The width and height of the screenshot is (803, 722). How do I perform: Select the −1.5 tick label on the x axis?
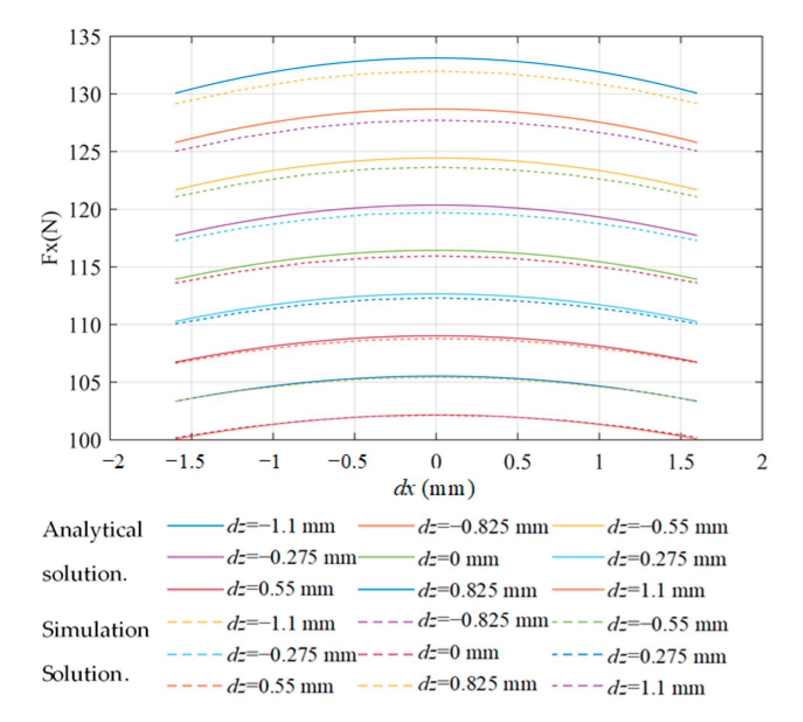tap(185, 462)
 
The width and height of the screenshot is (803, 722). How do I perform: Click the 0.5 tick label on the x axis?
tap(517, 462)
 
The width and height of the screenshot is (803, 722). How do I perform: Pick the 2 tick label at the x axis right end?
tap(762, 462)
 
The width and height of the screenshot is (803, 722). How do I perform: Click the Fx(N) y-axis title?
tap(51, 238)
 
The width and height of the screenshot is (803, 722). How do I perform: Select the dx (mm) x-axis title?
tap(434, 487)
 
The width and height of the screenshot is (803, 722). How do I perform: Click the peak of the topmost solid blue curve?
tap(436, 58)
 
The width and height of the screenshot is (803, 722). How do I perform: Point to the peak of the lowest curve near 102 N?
tap(436, 415)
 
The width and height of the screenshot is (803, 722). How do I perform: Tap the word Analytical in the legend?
tap(92, 530)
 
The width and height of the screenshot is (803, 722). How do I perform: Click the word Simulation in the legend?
tap(95, 630)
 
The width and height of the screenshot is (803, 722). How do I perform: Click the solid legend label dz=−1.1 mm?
tap(281, 526)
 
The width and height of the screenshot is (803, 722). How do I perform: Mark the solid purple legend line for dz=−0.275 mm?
tap(195, 558)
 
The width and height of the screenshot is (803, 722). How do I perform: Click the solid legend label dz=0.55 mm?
tap(280, 590)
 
